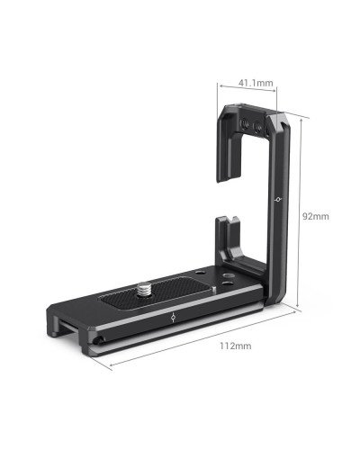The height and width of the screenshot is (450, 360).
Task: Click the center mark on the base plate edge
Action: click(x=172, y=318)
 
